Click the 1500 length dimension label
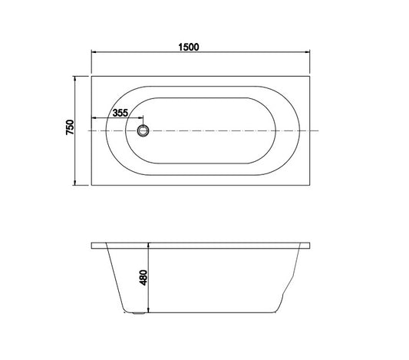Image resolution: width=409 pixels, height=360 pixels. (189, 48)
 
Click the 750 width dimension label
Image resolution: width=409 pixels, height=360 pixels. (70, 127)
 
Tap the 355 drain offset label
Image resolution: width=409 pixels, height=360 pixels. (120, 113)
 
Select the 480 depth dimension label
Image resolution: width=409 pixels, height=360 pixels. (143, 278)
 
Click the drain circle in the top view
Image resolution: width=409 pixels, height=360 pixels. (143, 130)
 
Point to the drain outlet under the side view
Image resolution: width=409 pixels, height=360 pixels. (138, 313)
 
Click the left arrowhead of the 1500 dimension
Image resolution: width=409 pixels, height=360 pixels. (94, 52)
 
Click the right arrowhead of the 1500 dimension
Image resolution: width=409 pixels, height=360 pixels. (307, 52)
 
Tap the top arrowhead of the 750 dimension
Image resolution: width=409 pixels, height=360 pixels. (75, 79)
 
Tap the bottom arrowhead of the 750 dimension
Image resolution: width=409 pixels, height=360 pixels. (75, 183)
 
